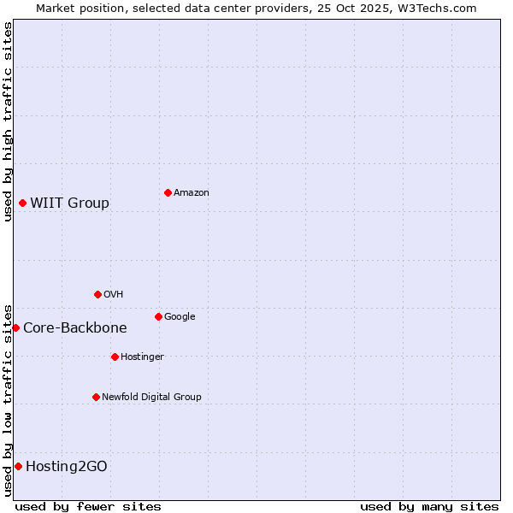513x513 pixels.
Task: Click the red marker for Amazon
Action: [x=168, y=192]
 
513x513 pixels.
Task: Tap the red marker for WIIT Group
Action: [x=22, y=203]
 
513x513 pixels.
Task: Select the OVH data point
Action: [x=97, y=294]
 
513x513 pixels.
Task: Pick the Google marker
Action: [x=158, y=316]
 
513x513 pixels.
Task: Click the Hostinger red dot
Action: [x=115, y=357]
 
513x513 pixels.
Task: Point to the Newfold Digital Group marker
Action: [x=96, y=397]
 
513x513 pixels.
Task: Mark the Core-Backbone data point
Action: [x=15, y=327]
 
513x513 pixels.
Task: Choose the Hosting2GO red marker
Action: [x=18, y=466]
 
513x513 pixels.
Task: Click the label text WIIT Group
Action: [x=69, y=203]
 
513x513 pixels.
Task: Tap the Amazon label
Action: [x=191, y=192]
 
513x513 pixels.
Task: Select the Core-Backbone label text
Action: [x=74, y=327]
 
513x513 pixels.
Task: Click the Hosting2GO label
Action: [x=67, y=466]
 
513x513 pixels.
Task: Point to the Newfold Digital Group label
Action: [x=151, y=397]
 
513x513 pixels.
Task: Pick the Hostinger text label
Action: [x=142, y=357]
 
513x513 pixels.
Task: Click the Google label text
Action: [x=180, y=316]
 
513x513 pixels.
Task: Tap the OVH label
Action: [x=113, y=294]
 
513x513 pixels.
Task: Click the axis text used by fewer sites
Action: [x=88, y=506]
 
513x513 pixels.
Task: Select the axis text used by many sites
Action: [x=429, y=506]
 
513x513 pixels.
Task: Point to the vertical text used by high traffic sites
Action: [x=8, y=121]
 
